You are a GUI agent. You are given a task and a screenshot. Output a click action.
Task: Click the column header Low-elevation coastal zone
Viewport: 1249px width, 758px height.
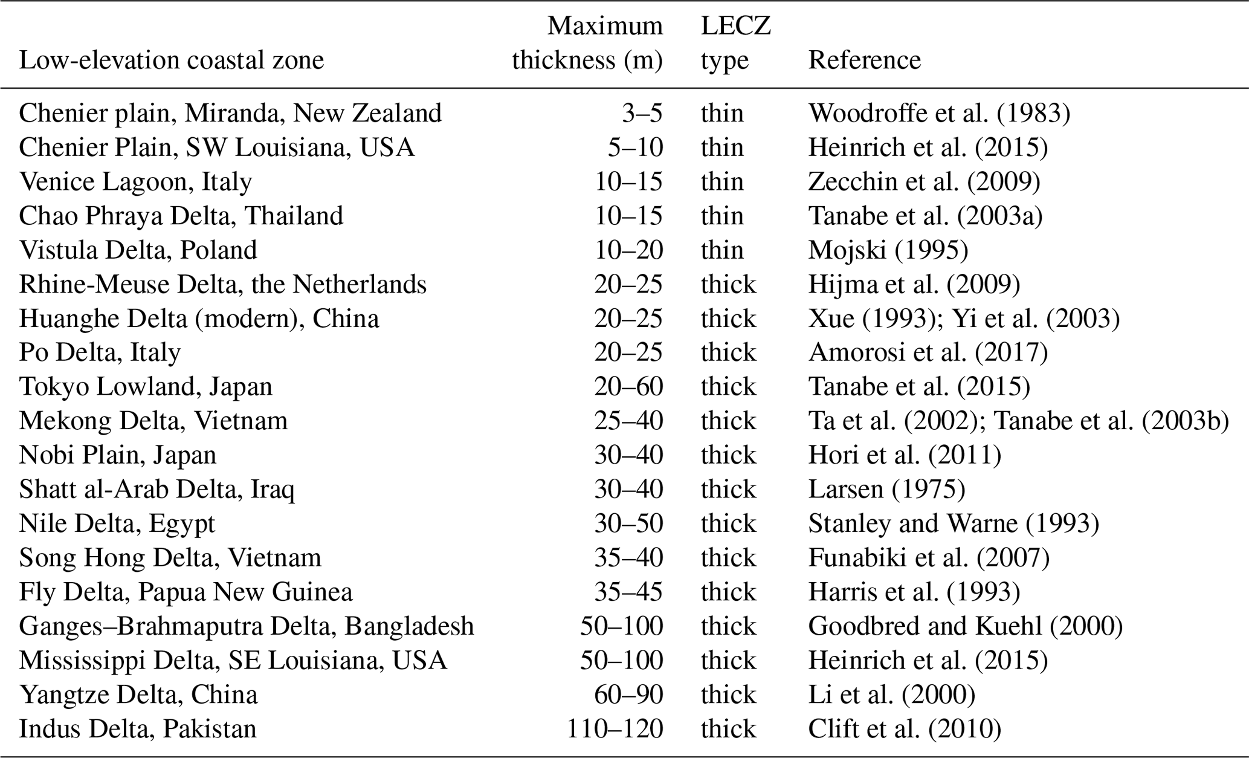click(x=172, y=60)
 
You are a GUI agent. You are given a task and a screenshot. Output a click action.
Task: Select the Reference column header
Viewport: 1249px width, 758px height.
click(x=864, y=60)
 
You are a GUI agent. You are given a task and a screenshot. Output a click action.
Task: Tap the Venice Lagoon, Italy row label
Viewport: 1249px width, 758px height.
click(x=135, y=182)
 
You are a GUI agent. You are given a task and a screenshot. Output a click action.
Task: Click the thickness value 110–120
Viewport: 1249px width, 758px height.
click(x=615, y=729)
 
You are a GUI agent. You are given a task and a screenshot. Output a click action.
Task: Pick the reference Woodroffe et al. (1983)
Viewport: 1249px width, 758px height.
click(x=939, y=114)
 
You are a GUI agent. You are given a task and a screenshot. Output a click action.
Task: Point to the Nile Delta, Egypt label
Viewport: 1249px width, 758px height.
click(x=117, y=523)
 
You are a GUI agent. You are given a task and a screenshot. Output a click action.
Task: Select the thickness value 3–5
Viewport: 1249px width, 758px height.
click(x=642, y=114)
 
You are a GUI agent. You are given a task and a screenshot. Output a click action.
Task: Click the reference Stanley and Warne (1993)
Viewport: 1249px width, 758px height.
click(x=954, y=523)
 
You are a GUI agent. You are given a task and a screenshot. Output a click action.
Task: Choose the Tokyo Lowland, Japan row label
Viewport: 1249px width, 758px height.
click(x=146, y=387)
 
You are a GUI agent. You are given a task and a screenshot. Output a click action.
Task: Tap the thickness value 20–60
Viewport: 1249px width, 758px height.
click(x=628, y=387)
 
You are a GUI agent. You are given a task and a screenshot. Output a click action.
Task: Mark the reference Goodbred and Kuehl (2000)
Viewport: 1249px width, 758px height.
click(x=965, y=626)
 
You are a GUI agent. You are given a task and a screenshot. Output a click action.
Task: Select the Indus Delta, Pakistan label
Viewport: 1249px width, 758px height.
click(x=138, y=729)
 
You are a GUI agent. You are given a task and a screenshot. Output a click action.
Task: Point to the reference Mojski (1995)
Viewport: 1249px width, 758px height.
click(x=888, y=250)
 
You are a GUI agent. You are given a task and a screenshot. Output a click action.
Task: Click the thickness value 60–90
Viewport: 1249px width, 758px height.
click(x=628, y=695)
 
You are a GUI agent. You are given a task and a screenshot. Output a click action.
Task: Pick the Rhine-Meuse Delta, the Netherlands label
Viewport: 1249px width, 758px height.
click(x=222, y=285)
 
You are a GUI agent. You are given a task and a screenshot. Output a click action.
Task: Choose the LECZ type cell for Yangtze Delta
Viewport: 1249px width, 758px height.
click(x=728, y=695)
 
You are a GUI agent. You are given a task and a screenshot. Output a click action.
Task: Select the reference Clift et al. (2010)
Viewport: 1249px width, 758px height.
click(x=905, y=729)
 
